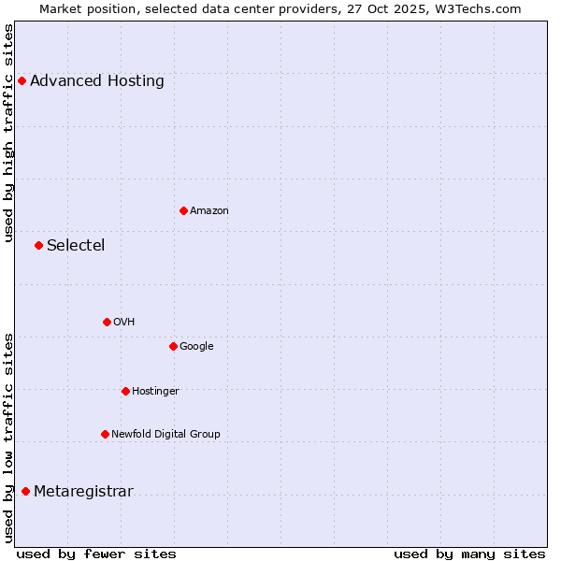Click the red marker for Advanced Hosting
click(22, 80)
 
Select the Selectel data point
click(38, 245)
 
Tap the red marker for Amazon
click(183, 210)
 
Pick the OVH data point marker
click(107, 322)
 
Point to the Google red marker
click(173, 346)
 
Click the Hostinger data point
click(125, 391)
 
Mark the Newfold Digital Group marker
click(105, 434)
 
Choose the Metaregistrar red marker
click(25, 491)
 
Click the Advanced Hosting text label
click(97, 80)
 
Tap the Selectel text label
click(76, 245)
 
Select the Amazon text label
click(209, 210)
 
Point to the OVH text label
click(124, 322)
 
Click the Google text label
click(196, 346)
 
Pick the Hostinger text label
click(155, 391)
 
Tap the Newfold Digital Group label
click(165, 434)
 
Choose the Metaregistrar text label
click(83, 491)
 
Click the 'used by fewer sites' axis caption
click(96, 554)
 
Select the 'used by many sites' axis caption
click(469, 554)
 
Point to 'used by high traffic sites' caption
click(9, 133)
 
